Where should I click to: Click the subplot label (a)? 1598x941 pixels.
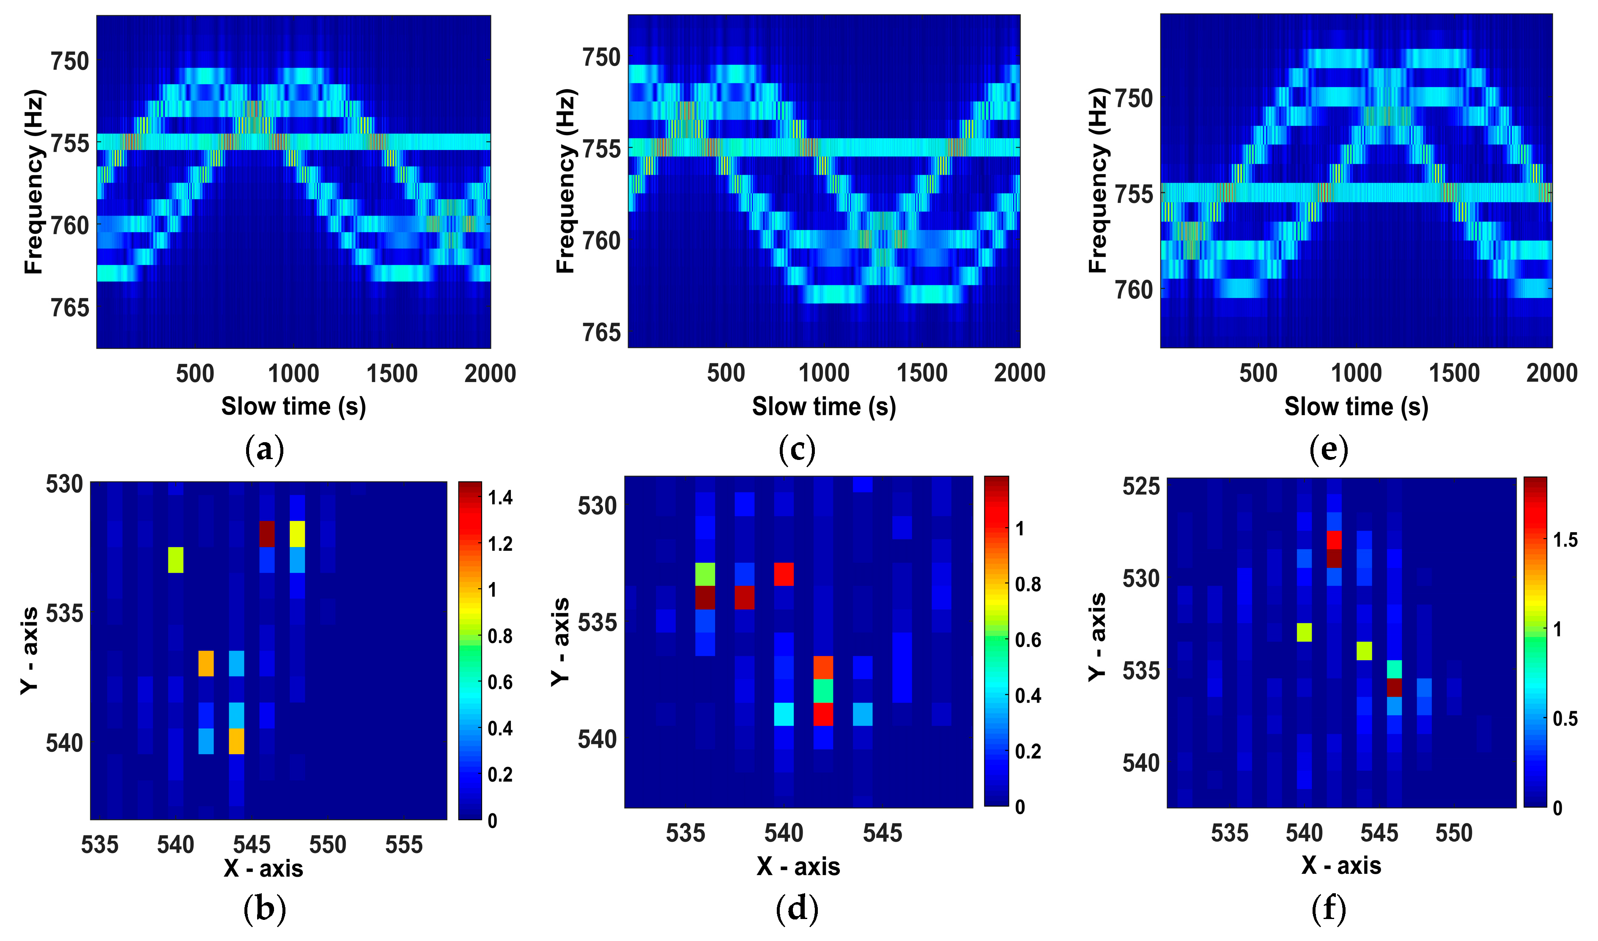coord(264,450)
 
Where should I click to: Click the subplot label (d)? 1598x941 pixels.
coord(797,909)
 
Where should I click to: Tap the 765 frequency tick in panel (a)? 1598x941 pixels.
coord(70,308)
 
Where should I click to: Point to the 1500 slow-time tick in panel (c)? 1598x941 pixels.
coord(921,373)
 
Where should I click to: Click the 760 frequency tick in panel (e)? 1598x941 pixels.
coord(1134,290)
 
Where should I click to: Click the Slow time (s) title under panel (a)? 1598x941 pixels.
coord(293,407)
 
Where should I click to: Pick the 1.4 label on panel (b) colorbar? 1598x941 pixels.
coord(500,498)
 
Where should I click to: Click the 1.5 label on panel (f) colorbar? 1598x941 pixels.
coord(1565,540)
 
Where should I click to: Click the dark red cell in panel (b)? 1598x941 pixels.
coord(267,533)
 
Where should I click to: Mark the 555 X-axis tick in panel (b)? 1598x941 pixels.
coord(404,845)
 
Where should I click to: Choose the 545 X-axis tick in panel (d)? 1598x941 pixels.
coord(882,833)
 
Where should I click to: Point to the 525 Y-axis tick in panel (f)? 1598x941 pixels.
coord(1141,486)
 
